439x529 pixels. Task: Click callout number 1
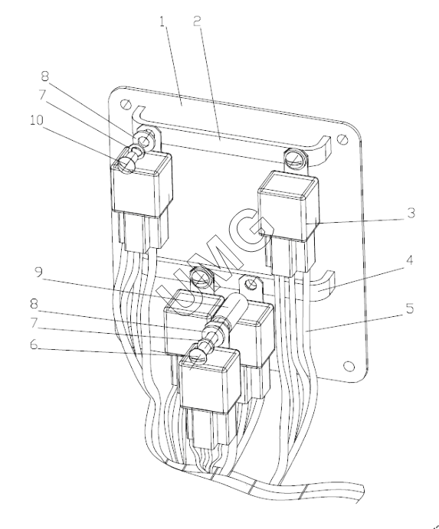[x=163, y=22]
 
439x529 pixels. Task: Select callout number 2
[x=198, y=21]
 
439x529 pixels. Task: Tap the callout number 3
[x=411, y=214]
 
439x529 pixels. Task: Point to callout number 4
[x=410, y=260]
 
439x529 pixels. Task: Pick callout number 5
[x=410, y=309]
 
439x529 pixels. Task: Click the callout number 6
[x=34, y=345]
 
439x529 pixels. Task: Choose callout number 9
[x=39, y=273]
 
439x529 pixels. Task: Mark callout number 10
[x=37, y=120]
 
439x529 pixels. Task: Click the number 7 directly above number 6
[x=34, y=323]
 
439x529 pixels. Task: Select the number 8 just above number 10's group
[x=45, y=77]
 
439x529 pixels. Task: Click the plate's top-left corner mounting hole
[x=126, y=103]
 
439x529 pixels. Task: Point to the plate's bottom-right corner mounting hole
[x=349, y=366]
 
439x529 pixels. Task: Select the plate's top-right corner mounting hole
[x=343, y=139]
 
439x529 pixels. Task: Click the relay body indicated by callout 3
[x=288, y=207]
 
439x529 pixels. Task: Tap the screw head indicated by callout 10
[x=125, y=162]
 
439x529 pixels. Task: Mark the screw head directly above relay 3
[x=295, y=158]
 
